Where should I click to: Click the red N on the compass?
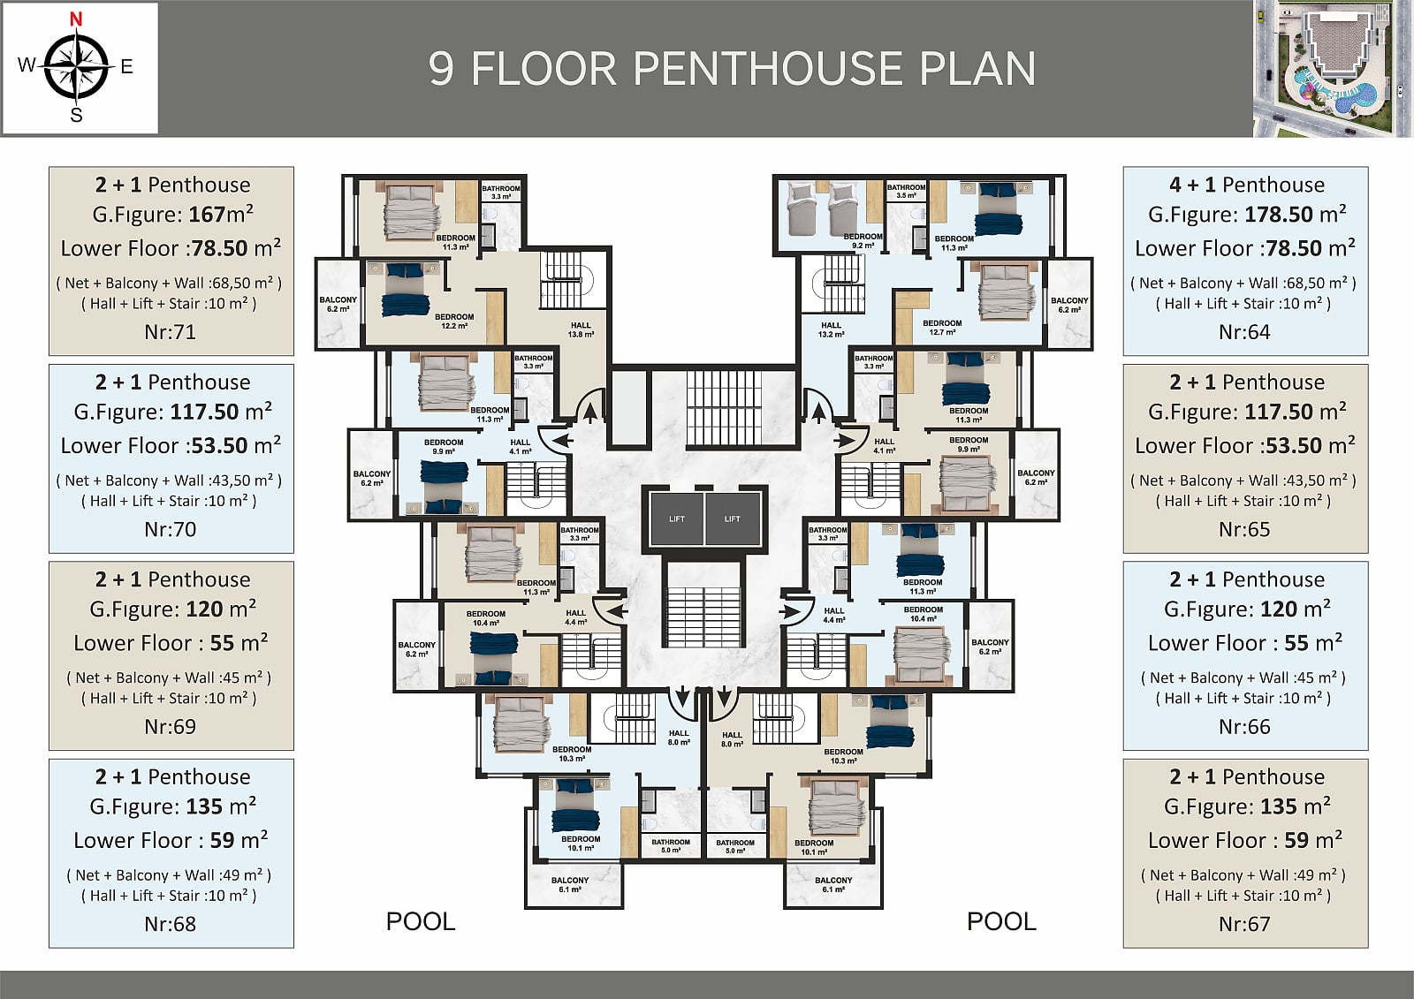(76, 19)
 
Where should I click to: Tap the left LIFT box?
(677, 518)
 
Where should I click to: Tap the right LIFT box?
(733, 518)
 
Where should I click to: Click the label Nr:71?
(171, 332)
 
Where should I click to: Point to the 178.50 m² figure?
(1296, 215)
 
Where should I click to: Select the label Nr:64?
(1245, 332)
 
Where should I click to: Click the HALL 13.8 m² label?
(581, 330)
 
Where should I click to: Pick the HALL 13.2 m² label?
(831, 330)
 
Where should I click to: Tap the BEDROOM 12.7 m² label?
(942, 328)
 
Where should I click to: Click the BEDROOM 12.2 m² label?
(454, 322)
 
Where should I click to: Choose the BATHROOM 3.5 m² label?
(906, 191)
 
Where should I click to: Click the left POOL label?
(421, 921)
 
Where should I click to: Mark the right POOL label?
(1001, 921)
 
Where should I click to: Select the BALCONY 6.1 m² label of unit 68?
(570, 885)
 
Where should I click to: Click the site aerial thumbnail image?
(1332, 68)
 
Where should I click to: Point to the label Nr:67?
(1245, 924)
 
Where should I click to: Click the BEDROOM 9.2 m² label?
(863, 241)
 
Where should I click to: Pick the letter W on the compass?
(27, 65)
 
